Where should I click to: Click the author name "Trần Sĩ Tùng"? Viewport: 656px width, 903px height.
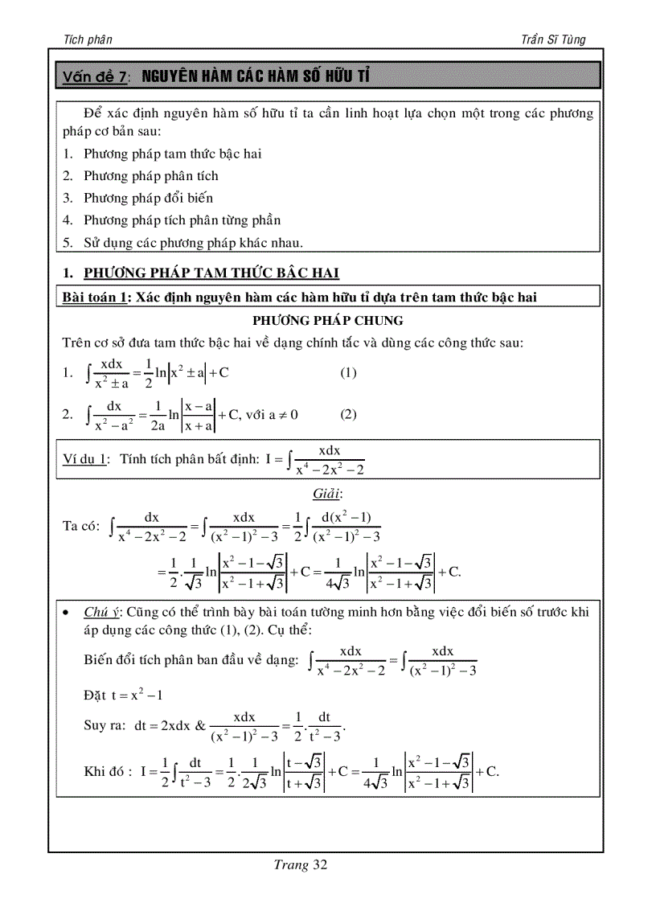(x=552, y=39)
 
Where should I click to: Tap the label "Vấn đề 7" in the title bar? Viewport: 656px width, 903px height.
(x=96, y=77)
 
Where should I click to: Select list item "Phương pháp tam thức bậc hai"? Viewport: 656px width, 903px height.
(x=173, y=154)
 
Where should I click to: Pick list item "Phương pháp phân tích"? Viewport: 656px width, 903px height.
(x=151, y=175)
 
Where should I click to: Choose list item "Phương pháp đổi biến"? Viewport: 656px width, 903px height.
(x=149, y=198)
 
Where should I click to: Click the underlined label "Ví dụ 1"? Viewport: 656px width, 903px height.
(x=85, y=459)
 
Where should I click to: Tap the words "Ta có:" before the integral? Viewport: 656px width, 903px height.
(x=81, y=526)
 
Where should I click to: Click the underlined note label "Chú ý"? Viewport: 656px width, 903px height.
(x=100, y=612)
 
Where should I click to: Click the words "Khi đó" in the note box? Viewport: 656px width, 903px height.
(x=107, y=771)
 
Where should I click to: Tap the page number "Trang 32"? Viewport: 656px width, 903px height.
(x=300, y=865)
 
